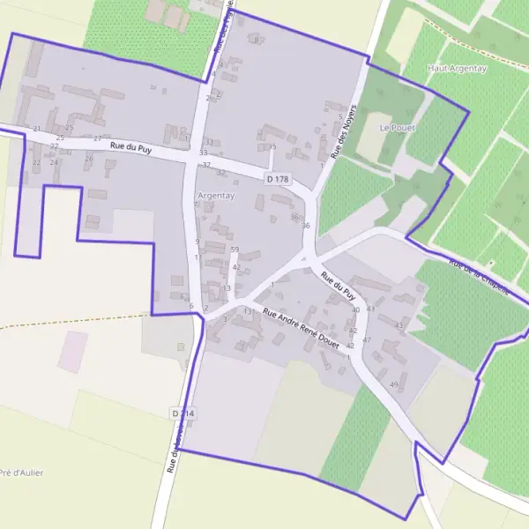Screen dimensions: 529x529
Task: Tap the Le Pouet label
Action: coord(397,127)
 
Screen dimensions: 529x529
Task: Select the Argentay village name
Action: coord(216,195)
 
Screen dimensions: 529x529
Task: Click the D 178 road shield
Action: coord(277,179)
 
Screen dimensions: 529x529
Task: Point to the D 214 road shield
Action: coord(182,412)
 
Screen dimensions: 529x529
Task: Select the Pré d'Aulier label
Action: coord(22,473)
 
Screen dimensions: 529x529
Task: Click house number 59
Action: coord(235,250)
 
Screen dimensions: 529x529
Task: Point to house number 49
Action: coord(393,385)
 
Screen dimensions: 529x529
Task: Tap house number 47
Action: coord(367,339)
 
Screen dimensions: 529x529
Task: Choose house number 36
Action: coord(306,227)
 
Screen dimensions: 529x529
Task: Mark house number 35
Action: coord(272,146)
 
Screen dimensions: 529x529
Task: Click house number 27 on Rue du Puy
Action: coord(97,138)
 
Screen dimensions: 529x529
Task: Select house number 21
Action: coord(37,129)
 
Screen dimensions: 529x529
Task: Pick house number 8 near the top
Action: coord(257,40)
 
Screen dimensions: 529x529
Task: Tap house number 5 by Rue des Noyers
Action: coord(340,115)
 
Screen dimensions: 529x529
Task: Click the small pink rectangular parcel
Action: coord(73,351)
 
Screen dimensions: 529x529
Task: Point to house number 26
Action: coord(88,159)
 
